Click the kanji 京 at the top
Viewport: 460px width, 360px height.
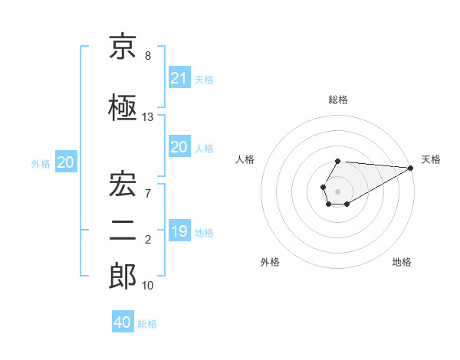123,47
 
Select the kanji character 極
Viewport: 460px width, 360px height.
123,108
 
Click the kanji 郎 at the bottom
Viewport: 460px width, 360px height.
123,277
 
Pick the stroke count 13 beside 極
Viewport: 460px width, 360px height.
148,117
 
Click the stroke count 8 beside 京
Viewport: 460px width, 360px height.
148,56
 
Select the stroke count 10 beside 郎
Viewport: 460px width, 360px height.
148,286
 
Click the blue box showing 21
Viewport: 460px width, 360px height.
179,78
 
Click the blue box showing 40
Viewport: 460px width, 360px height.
123,322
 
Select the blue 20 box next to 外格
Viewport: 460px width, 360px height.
66,162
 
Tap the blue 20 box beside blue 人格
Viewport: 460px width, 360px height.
179,148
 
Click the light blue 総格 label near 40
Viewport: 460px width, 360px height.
147,324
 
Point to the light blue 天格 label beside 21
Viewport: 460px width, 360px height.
204,79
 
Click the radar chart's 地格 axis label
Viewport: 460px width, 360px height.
402,263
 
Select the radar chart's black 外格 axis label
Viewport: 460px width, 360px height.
270,263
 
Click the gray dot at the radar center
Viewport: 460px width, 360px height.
337,190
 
